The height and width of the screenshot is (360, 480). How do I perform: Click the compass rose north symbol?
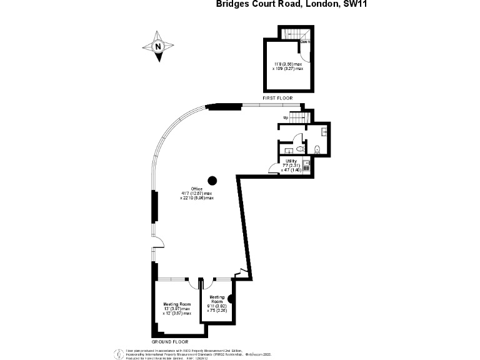(159, 46)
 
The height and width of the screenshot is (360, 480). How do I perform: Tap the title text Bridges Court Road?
(258, 5)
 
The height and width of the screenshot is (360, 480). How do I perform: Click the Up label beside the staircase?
(286, 117)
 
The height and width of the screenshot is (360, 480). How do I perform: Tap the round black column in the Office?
(212, 181)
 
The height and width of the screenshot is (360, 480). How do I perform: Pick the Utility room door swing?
(274, 167)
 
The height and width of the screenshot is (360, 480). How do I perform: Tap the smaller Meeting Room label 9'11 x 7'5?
(217, 304)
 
